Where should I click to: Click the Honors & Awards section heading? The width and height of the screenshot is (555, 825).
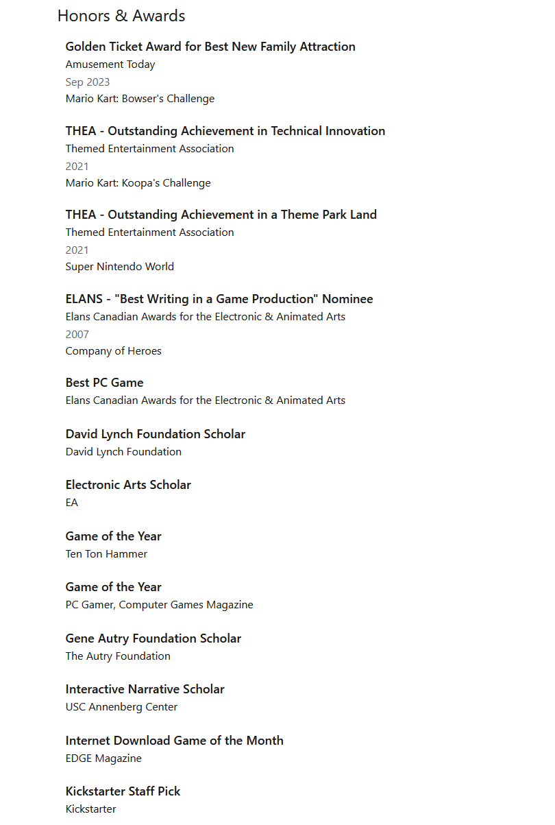click(x=121, y=16)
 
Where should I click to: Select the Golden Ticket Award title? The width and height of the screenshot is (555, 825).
click(x=210, y=47)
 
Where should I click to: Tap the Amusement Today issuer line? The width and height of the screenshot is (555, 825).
click(x=110, y=64)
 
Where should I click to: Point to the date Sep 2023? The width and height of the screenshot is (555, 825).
click(x=88, y=82)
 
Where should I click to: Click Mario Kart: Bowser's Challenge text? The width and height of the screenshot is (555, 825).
click(x=140, y=99)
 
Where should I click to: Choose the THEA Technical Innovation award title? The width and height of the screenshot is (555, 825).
click(x=225, y=131)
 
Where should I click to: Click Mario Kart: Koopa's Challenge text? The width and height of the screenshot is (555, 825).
click(x=138, y=183)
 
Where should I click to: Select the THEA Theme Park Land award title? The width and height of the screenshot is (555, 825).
click(x=221, y=215)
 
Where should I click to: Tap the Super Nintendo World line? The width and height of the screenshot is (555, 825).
click(x=120, y=267)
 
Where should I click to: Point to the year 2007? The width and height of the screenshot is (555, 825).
click(x=77, y=335)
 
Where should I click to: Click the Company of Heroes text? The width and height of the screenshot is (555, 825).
click(x=114, y=351)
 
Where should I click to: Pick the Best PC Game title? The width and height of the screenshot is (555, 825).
click(x=105, y=383)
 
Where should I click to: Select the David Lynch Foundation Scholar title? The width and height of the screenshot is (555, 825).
click(x=156, y=434)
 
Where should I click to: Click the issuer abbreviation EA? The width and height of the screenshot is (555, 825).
click(x=72, y=503)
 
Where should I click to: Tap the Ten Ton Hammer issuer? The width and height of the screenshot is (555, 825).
click(x=106, y=554)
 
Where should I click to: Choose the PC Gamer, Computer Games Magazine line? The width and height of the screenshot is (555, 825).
click(x=160, y=605)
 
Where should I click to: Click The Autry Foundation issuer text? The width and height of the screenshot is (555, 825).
click(x=118, y=656)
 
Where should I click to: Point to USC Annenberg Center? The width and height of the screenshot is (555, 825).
click(x=121, y=707)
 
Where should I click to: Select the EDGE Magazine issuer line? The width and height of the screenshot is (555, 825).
click(x=103, y=758)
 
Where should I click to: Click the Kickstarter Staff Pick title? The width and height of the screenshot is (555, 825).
click(x=123, y=791)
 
